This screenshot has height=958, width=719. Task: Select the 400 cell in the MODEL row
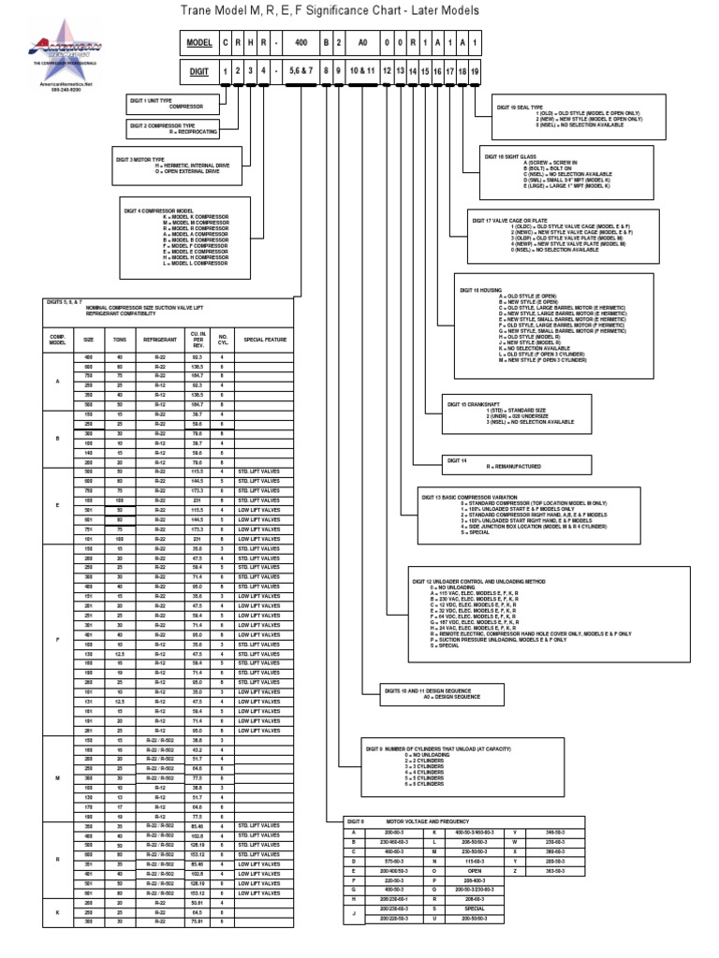[x=301, y=43]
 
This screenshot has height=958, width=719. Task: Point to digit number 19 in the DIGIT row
[x=475, y=70]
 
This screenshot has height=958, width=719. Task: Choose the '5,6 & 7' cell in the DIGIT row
[x=301, y=70]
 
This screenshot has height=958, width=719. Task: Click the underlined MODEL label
[x=199, y=43]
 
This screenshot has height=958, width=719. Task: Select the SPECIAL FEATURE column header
[x=265, y=340]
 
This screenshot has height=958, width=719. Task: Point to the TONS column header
[x=120, y=340]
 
